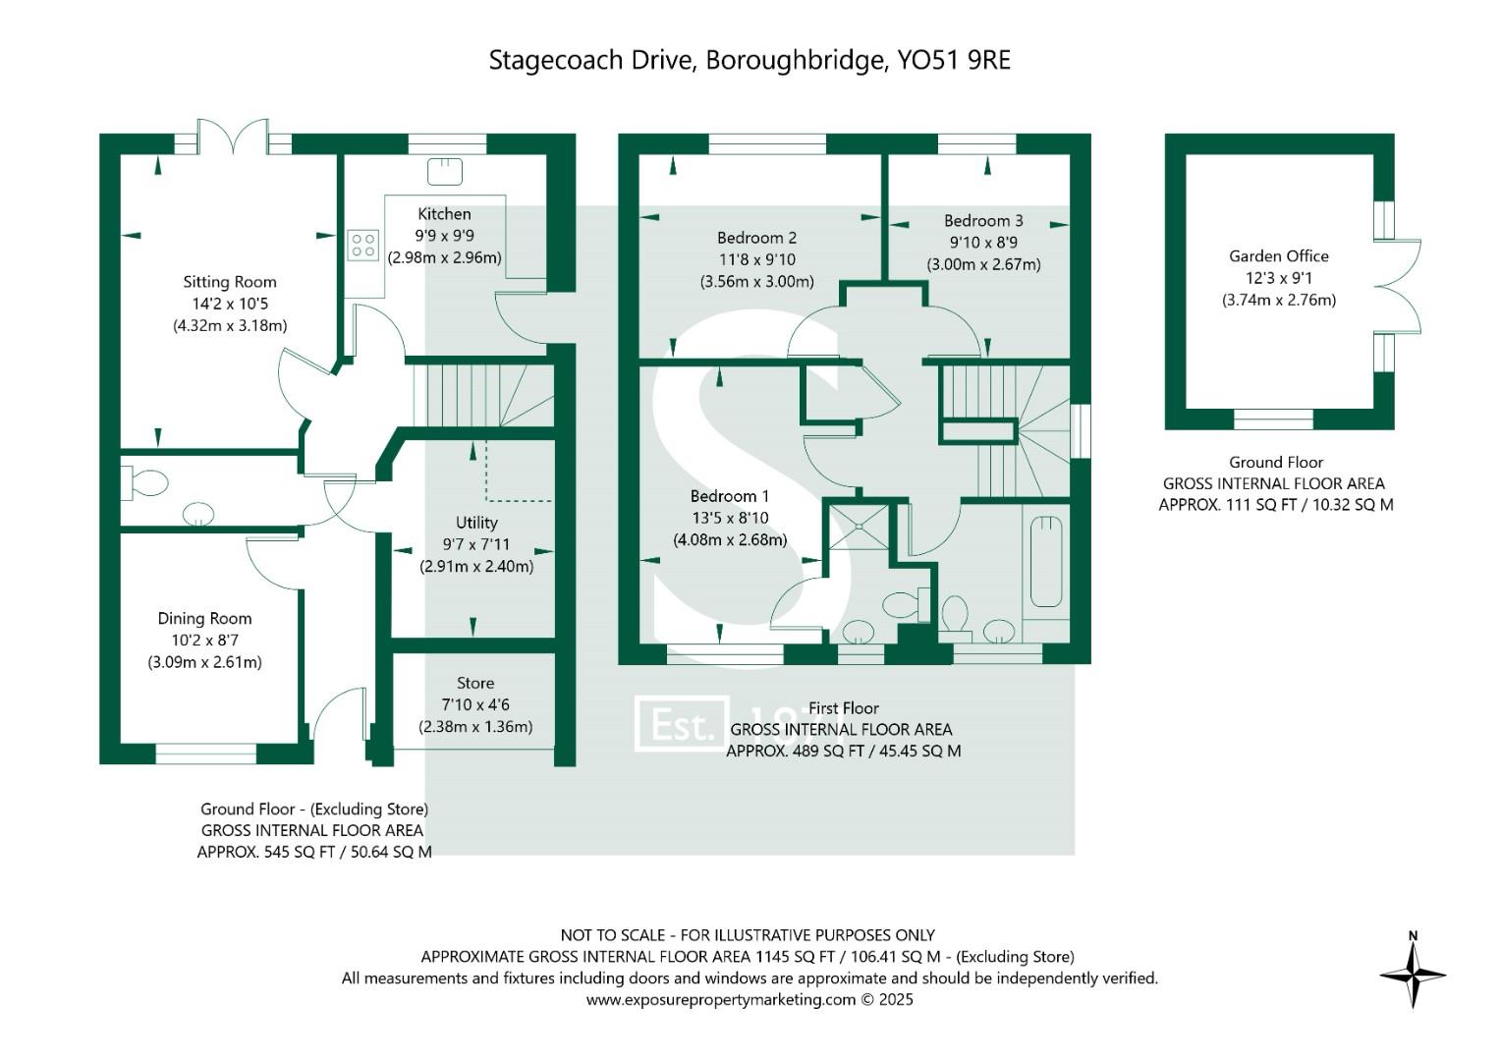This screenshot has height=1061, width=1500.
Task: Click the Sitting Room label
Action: pos(230,282)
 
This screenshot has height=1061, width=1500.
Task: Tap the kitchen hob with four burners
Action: pos(362,245)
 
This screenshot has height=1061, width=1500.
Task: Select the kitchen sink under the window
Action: pos(444,172)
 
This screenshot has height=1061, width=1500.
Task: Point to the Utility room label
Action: pos(476,523)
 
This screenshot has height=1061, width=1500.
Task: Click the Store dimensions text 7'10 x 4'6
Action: pos(475,704)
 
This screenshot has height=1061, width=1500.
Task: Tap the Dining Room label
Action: pos(204,618)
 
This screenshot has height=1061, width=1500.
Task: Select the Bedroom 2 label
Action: pos(756,238)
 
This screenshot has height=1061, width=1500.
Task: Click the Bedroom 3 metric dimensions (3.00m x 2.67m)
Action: pos(983,264)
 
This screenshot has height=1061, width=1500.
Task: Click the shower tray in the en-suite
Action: pos(860,528)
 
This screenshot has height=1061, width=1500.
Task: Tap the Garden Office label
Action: pos(1278,256)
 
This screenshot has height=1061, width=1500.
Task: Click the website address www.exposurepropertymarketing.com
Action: pos(721,999)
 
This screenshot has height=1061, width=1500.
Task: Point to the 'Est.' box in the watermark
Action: pos(682,724)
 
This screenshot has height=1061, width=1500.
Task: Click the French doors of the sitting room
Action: pos(233,138)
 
